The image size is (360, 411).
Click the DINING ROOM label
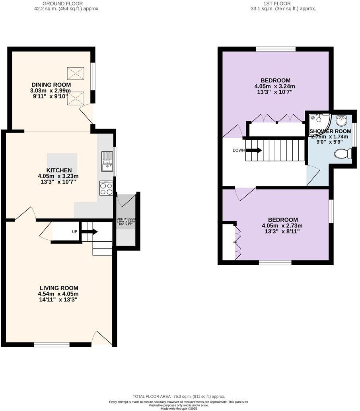(51, 85)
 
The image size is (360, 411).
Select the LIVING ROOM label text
(59, 288)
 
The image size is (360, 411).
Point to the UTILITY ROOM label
(126, 219)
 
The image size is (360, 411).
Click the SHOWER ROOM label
(330, 131)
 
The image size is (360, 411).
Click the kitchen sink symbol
(107, 161)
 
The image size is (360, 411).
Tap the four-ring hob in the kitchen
(107, 188)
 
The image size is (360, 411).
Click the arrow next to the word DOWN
(254, 150)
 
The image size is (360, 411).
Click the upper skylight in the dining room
(76, 74)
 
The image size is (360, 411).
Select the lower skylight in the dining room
(76, 98)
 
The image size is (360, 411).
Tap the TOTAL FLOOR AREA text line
(179, 396)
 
